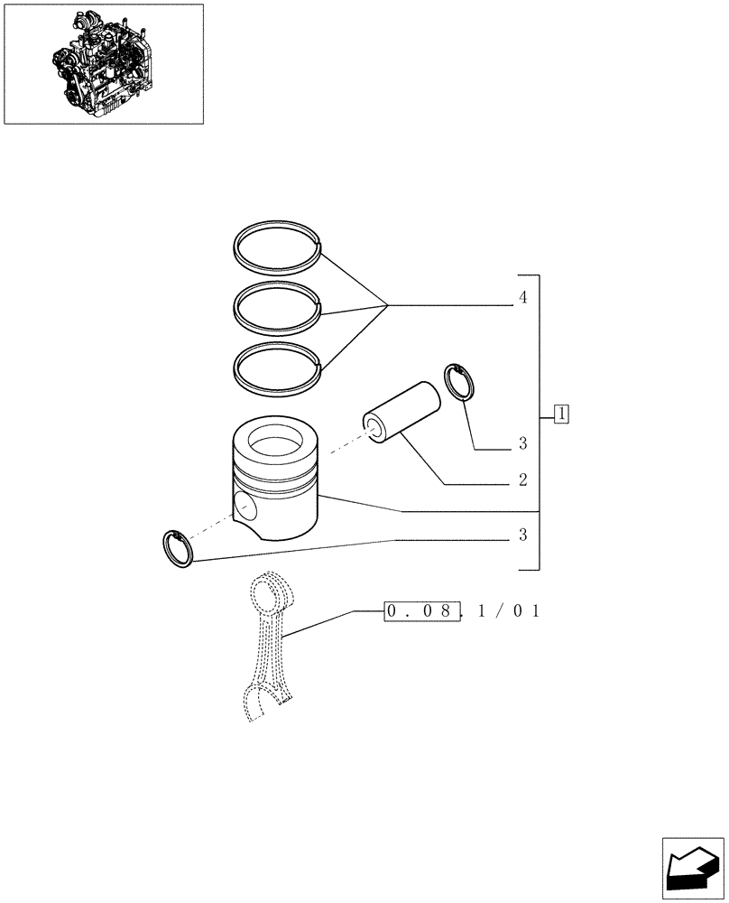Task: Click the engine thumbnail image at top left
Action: click(x=103, y=64)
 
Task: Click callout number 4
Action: click(x=522, y=297)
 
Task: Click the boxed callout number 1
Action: click(x=561, y=414)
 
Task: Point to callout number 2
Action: click(x=522, y=479)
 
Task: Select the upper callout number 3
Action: click(x=522, y=443)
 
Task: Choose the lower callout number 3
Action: click(x=522, y=535)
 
